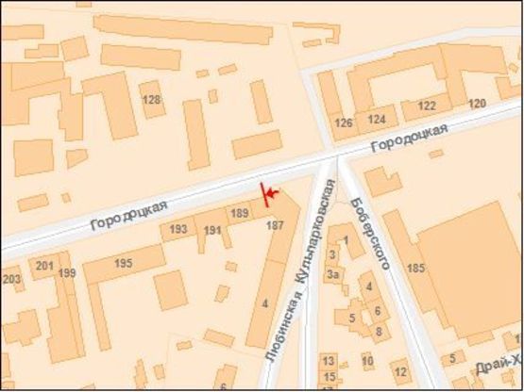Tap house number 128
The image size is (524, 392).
tap(150, 100)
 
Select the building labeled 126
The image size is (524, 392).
tap(344, 123)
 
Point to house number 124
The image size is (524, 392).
tap(377, 120)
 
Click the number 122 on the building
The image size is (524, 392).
tap(427, 106)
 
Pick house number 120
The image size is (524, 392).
tap(477, 104)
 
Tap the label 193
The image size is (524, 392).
tap(177, 229)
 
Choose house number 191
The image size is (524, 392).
tap(211, 230)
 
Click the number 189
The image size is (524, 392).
tap(239, 214)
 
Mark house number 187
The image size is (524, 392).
tap(276, 226)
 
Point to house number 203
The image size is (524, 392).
tap(11, 279)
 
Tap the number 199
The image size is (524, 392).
tap(66, 273)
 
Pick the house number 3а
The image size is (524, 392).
tap(332, 274)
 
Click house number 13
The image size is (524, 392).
tap(329, 361)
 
